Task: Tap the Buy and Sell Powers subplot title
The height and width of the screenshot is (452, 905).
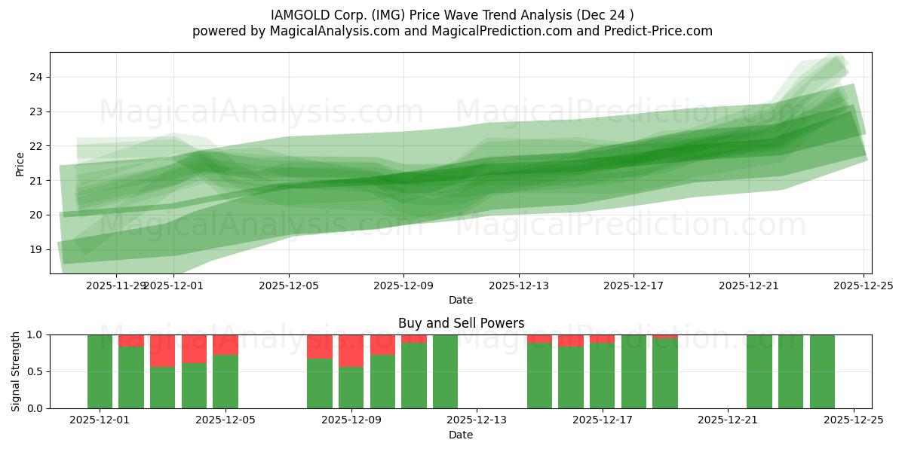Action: (461, 323)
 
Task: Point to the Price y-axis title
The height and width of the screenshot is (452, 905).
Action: (20, 163)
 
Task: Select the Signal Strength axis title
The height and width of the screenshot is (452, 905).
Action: (16, 371)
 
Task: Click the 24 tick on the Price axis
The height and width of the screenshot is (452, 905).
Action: (36, 77)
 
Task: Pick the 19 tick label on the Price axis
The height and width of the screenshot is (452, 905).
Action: (36, 249)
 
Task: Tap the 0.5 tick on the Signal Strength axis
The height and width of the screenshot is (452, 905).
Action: (33, 371)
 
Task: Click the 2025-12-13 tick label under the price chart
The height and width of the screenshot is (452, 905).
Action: (518, 286)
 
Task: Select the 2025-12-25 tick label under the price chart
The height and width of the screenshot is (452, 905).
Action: (864, 286)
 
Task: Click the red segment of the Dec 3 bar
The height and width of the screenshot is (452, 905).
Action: (163, 350)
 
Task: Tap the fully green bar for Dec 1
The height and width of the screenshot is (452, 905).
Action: (100, 371)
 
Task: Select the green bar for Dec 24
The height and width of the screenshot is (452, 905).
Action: (822, 371)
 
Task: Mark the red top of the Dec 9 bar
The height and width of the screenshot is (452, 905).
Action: (351, 350)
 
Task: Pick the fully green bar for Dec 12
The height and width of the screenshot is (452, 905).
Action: (445, 371)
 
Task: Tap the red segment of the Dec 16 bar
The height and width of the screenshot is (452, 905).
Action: (571, 341)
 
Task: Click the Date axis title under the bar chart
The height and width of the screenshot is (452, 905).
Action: (461, 435)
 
